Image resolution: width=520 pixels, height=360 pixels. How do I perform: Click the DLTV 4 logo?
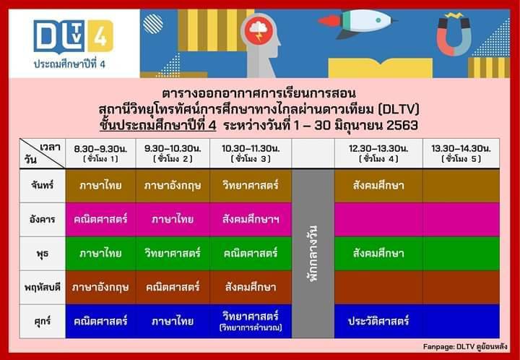[x=73, y=36]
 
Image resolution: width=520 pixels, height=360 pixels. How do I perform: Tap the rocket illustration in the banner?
[x=357, y=22]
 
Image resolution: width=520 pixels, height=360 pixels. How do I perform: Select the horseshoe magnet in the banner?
[x=454, y=34]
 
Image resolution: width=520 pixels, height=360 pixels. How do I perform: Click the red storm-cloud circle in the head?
[x=259, y=31]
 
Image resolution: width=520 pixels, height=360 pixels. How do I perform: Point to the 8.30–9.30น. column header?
[x=100, y=153]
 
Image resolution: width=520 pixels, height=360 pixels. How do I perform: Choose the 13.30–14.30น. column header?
[x=461, y=153]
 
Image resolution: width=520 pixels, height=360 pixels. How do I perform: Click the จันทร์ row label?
[x=43, y=186]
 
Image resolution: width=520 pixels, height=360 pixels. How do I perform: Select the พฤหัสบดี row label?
[x=43, y=287]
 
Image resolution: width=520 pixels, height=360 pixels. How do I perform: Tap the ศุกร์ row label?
[x=43, y=321]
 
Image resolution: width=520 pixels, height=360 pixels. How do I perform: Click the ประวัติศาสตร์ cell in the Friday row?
[x=378, y=321]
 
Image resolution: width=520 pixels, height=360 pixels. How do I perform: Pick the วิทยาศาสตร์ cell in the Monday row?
[x=251, y=186]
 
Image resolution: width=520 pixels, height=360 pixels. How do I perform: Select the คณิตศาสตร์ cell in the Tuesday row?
[x=100, y=219]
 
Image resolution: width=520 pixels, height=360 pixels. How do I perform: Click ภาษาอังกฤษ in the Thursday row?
[x=100, y=287]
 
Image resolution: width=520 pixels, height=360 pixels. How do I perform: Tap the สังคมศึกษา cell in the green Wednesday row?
[x=378, y=254]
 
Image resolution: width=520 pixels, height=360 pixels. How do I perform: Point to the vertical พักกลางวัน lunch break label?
[x=313, y=254]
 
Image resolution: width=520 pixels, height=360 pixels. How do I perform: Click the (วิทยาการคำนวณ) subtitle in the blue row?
[x=251, y=327]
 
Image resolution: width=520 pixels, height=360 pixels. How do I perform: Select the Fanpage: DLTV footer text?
[x=465, y=346]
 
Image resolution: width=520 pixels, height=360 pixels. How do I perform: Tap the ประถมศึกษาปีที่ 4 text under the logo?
[x=69, y=64]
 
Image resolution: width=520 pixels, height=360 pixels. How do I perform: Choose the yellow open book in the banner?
[x=381, y=68]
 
